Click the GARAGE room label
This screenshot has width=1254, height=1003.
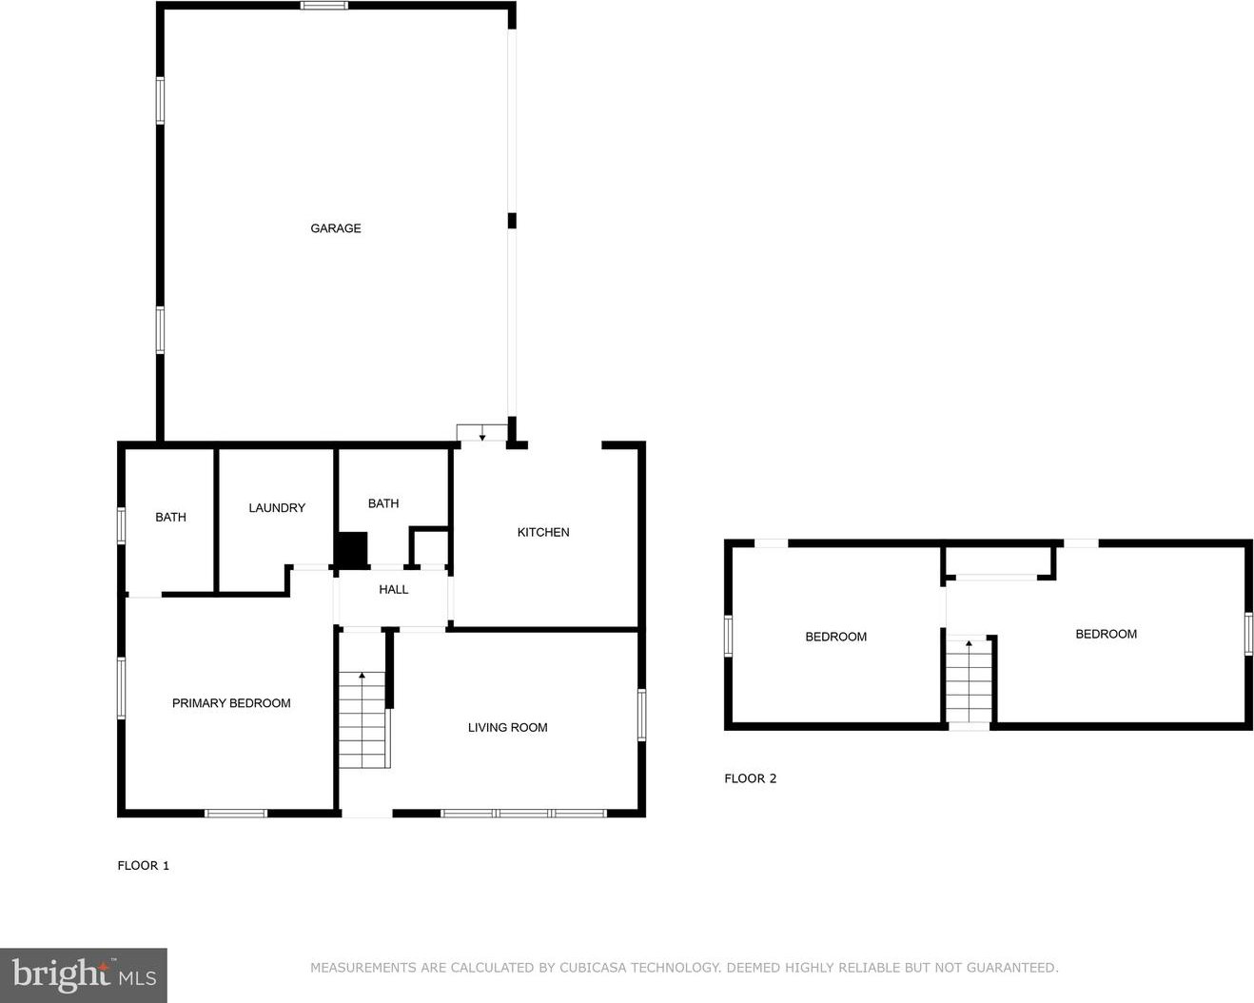tap(336, 228)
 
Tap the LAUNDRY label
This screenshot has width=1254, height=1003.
tap(277, 507)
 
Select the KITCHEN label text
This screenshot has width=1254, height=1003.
tap(543, 532)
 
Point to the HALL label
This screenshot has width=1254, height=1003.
tap(393, 589)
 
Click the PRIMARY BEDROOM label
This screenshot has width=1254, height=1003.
tap(231, 703)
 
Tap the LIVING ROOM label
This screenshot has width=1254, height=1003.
tap(507, 727)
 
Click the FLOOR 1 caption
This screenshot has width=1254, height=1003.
tap(144, 865)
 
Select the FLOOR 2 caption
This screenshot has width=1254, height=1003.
tap(751, 778)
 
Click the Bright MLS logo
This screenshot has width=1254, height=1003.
tap(84, 975)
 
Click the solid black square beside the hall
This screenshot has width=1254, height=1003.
tap(351, 549)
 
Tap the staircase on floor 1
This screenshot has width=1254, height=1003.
tap(362, 719)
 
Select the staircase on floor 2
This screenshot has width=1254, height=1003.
tap(969, 680)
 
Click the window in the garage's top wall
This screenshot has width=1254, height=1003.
tap(324, 6)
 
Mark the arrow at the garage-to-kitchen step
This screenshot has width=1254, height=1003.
tap(481, 434)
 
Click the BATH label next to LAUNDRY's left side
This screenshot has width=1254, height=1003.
tap(170, 517)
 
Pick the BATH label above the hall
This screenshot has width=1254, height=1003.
tap(383, 503)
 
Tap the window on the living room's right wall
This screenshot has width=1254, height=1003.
tap(641, 715)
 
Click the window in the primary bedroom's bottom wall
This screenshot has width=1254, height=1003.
tap(236, 814)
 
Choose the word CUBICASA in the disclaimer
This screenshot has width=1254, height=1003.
tap(593, 968)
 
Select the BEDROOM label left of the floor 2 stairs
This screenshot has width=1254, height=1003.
tap(835, 637)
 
